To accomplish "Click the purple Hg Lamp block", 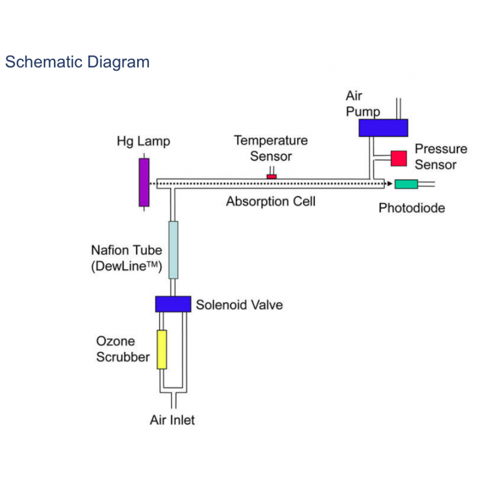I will coord(144,182).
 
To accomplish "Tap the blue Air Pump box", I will coord(383,128).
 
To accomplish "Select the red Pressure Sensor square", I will coord(399,157).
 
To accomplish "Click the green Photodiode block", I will coord(406,184).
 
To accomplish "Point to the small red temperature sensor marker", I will coord(272,176).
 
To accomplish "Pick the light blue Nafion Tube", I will coord(173,250).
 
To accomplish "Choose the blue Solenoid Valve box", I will coord(173,304).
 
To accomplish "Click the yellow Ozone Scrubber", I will coord(162,349).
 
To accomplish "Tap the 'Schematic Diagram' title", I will coord(77,62).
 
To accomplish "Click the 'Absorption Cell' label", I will coord(271,202).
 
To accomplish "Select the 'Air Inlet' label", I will coord(172,420).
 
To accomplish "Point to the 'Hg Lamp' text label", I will coord(143,142).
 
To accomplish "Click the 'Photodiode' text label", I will coord(412,208).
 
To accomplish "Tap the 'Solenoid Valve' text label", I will coord(239,305).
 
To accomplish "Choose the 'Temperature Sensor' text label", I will coord(271,148).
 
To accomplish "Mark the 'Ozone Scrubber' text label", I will coord(123,349).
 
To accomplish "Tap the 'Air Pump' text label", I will coord(363,104).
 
